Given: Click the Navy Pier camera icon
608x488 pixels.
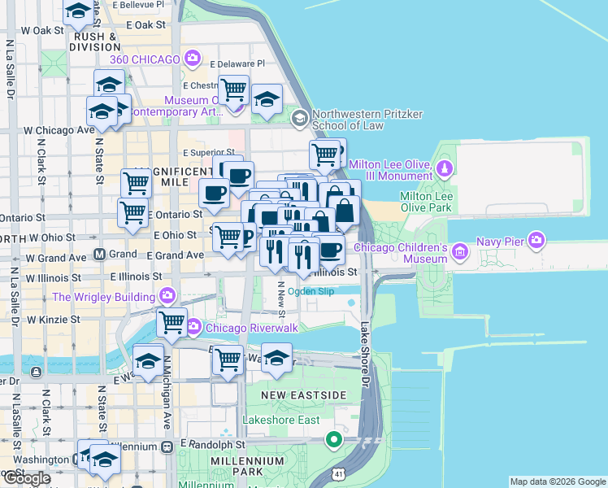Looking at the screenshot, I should [x=536, y=240].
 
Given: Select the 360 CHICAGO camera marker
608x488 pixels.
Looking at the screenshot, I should [x=193, y=58].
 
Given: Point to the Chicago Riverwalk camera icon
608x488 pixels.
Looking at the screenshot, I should [x=193, y=328].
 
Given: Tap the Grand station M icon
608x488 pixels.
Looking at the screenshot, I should [x=98, y=255].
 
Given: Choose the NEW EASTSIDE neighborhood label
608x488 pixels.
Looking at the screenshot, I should [x=303, y=394].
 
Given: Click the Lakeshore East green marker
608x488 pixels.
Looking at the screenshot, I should [x=333, y=441].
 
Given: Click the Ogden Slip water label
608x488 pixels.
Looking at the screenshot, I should [x=311, y=292].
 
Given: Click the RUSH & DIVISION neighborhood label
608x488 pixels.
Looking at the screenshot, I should [x=98, y=41].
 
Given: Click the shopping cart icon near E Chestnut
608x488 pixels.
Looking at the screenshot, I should [x=234, y=89].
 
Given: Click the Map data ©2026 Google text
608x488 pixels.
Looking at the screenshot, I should [x=558, y=481].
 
